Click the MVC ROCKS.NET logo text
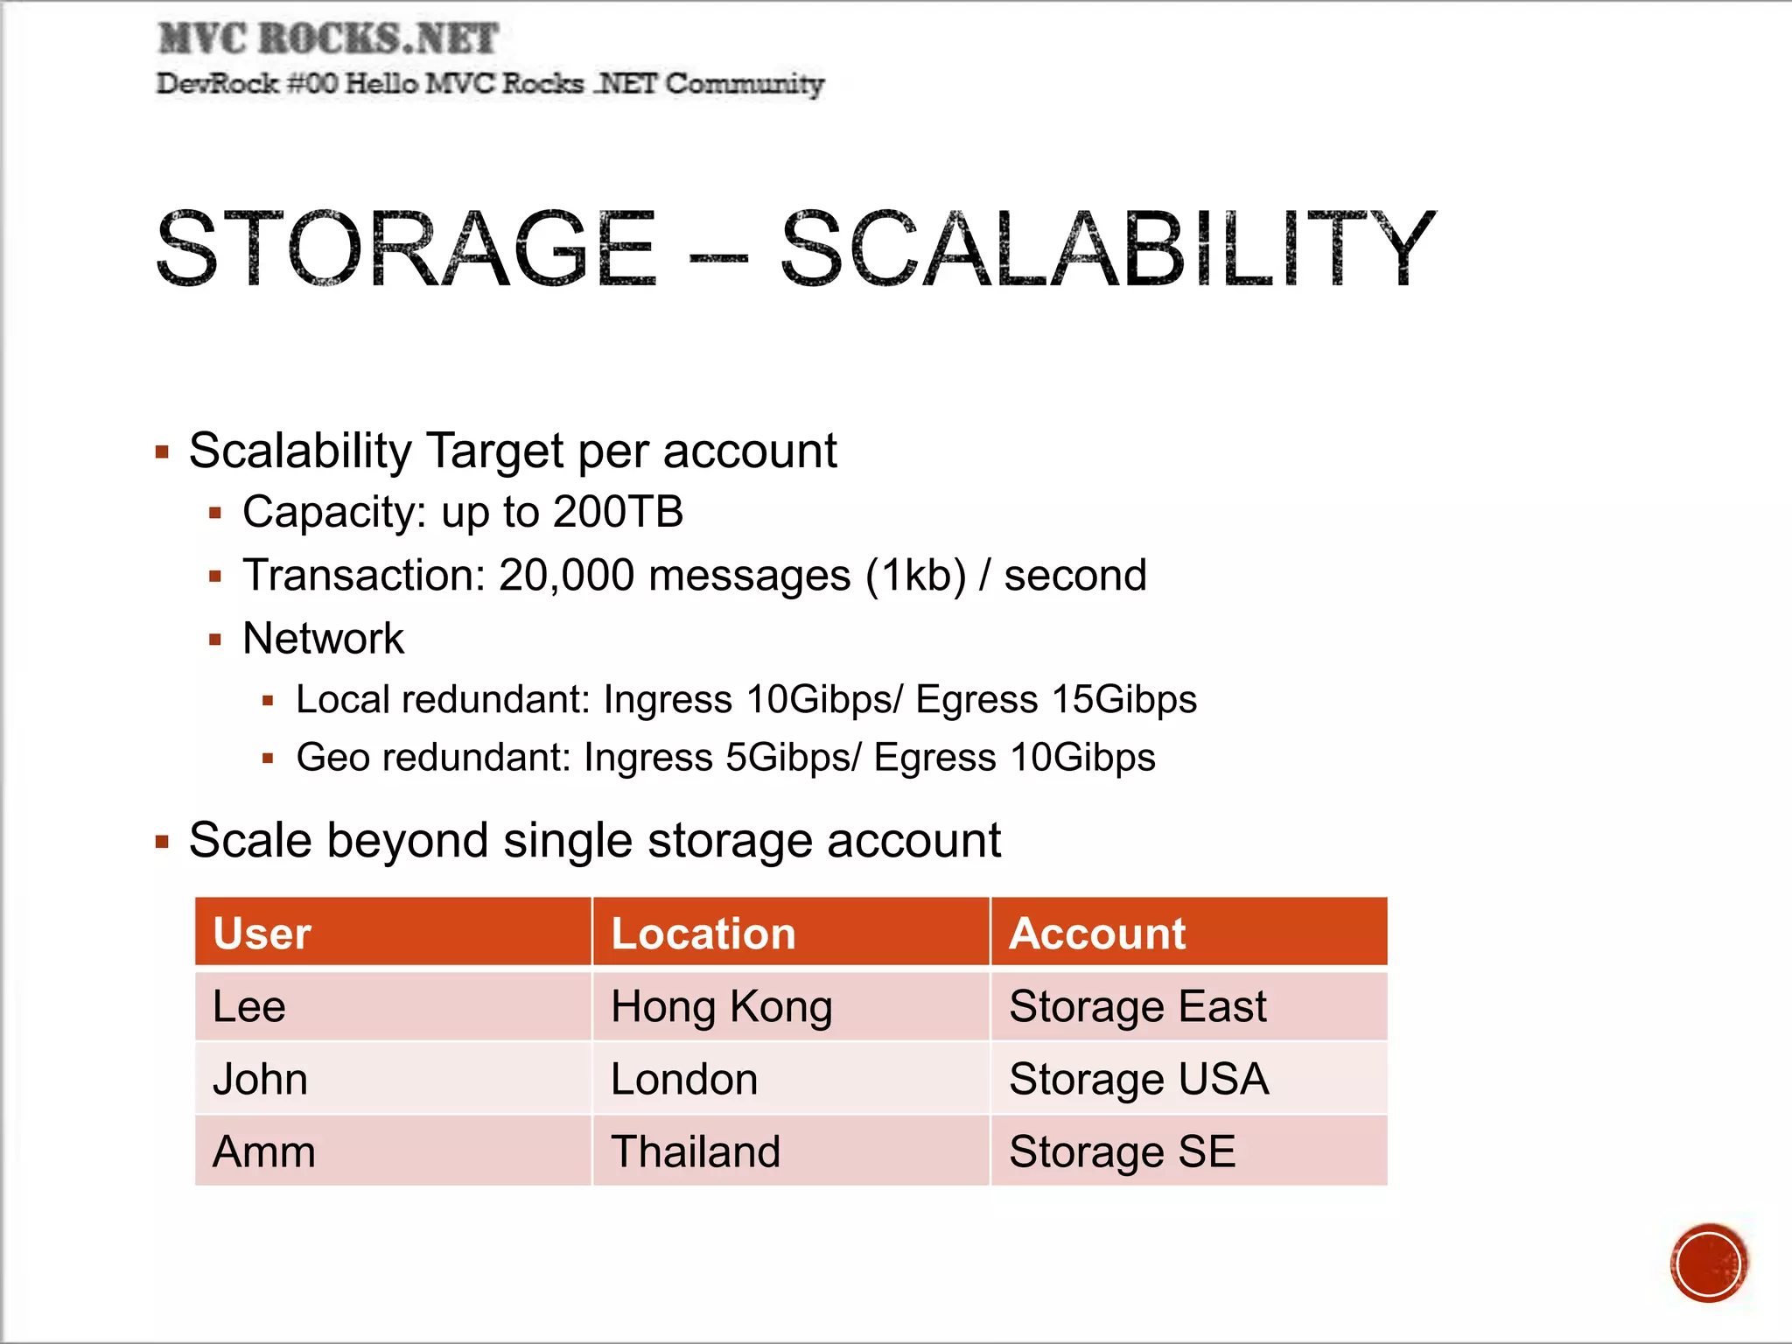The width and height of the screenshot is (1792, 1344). click(x=328, y=39)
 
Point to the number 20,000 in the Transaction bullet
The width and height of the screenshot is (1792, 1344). click(x=566, y=576)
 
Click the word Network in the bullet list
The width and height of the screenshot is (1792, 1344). click(x=323, y=638)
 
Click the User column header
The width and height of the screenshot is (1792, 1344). click(x=262, y=933)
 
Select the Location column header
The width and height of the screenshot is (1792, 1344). click(x=703, y=933)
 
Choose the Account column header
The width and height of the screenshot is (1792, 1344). click(x=1097, y=933)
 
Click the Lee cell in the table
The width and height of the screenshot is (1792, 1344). click(x=249, y=1006)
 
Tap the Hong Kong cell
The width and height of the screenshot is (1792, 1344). click(x=721, y=1006)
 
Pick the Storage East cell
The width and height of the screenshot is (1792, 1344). click(x=1137, y=1006)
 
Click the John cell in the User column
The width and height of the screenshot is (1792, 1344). click(x=260, y=1079)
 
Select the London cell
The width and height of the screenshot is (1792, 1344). click(x=684, y=1079)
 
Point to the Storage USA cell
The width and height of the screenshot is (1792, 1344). click(x=1138, y=1079)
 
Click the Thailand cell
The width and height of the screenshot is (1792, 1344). click(x=696, y=1151)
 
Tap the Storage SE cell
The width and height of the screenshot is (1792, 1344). click(x=1122, y=1151)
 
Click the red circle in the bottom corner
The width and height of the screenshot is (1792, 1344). click(x=1708, y=1263)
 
